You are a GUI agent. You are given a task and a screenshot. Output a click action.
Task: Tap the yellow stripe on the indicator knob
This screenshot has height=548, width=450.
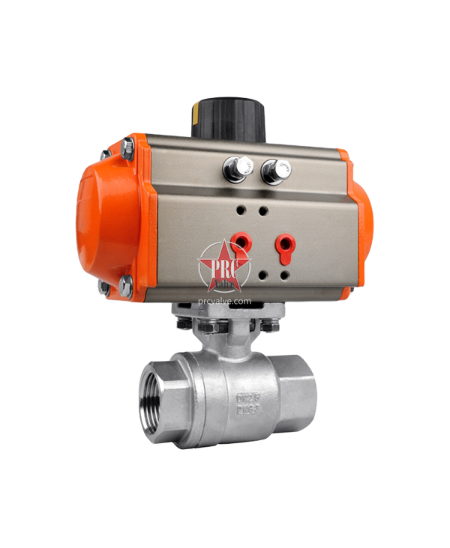[195, 115]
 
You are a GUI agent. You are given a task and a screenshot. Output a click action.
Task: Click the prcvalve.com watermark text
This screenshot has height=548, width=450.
[224, 300]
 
